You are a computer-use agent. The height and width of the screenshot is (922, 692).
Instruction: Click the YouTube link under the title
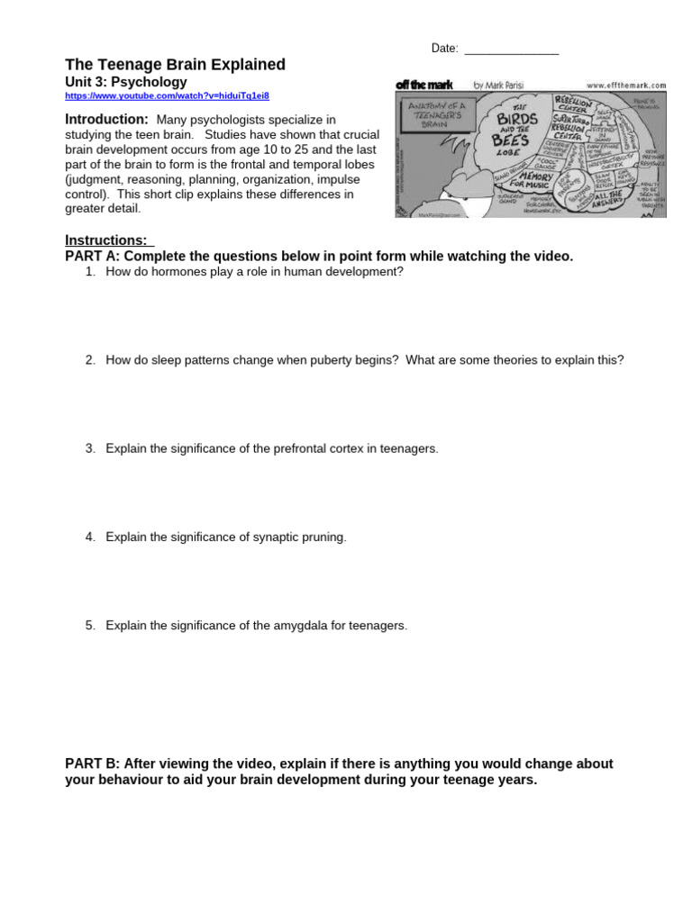tap(167, 95)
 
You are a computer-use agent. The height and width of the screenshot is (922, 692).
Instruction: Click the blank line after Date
tap(511, 49)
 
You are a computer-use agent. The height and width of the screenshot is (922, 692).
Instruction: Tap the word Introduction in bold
tap(106, 120)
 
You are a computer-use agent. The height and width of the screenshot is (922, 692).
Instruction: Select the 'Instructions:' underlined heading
tap(106, 240)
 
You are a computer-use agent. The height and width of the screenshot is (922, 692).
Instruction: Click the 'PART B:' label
tap(95, 764)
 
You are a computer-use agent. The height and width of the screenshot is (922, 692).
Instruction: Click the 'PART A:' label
tap(95, 257)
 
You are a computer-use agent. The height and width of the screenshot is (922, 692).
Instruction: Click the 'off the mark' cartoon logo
tap(423, 85)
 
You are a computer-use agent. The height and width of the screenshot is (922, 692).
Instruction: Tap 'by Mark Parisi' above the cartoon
tap(498, 85)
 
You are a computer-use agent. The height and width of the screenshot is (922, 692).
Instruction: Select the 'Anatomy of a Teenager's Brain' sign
tap(436, 114)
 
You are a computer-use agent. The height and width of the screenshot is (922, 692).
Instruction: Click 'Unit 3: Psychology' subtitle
tap(126, 82)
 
